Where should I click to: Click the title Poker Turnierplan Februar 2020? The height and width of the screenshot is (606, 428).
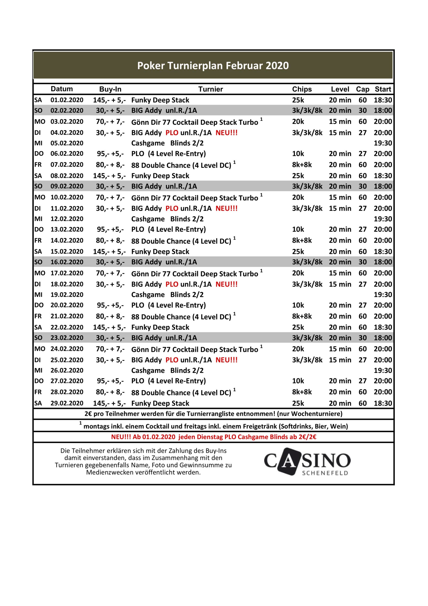click(213, 66)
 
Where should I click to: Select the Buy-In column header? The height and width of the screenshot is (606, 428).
click(110, 89)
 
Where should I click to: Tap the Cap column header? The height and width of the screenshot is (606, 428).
click(362, 89)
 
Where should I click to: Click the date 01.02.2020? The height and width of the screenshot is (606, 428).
click(67, 100)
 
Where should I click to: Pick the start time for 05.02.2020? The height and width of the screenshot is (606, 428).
click(383, 143)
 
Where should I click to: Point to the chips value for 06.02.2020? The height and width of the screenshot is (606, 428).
click(298, 154)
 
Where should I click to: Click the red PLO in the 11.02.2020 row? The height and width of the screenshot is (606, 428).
click(172, 209)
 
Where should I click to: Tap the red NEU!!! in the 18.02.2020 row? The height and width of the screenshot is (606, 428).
click(227, 284)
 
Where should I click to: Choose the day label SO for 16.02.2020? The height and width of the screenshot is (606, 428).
click(38, 262)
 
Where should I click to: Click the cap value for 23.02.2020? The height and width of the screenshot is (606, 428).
click(362, 338)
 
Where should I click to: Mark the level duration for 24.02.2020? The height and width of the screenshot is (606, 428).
click(340, 349)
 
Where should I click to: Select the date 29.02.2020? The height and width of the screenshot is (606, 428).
click(67, 403)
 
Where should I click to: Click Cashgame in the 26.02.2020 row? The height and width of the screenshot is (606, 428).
click(148, 370)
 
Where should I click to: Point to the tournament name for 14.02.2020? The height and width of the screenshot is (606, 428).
click(181, 241)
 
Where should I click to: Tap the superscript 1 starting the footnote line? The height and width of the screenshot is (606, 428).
click(81, 423)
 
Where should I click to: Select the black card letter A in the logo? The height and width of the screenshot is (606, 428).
click(289, 461)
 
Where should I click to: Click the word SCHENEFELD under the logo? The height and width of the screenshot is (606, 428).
click(325, 473)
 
